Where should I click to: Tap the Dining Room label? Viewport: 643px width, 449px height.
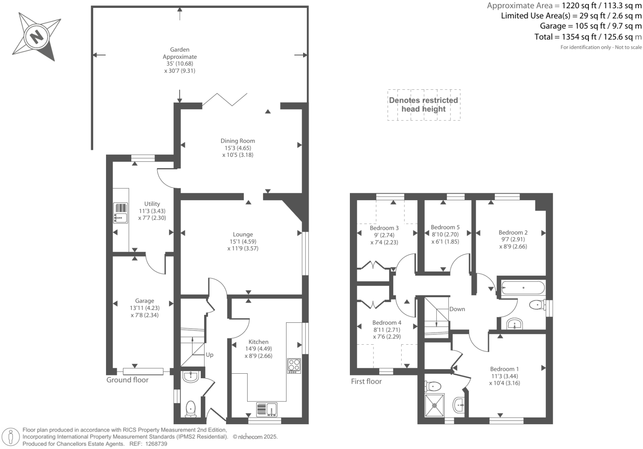pyautogui.click(x=238, y=141)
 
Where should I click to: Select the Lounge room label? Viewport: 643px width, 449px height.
pyautogui.click(x=243, y=234)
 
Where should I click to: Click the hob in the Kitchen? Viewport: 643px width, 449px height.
pyautogui.click(x=294, y=365)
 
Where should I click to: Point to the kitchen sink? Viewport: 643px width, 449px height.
pyautogui.click(x=267, y=409)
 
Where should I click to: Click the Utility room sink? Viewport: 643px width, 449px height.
pyautogui.click(x=120, y=213)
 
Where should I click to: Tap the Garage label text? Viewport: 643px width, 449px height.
pyautogui.click(x=144, y=301)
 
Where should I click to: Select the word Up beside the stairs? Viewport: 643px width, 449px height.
pyautogui.click(x=210, y=355)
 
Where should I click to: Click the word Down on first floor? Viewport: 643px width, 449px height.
pyautogui.click(x=457, y=309)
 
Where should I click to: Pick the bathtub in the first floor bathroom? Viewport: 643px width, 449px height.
pyautogui.click(x=523, y=287)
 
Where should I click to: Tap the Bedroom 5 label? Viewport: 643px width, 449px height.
pyautogui.click(x=445, y=227)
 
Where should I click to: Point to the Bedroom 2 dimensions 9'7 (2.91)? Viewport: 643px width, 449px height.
pyautogui.click(x=513, y=239)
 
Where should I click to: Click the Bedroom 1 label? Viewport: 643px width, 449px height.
pyautogui.click(x=504, y=369)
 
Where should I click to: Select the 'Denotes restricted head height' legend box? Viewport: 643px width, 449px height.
pyautogui.click(x=424, y=105)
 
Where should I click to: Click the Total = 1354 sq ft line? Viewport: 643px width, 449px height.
pyautogui.click(x=588, y=37)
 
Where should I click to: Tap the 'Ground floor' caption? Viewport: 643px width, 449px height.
pyautogui.click(x=128, y=380)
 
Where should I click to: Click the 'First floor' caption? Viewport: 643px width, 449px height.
pyautogui.click(x=366, y=381)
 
